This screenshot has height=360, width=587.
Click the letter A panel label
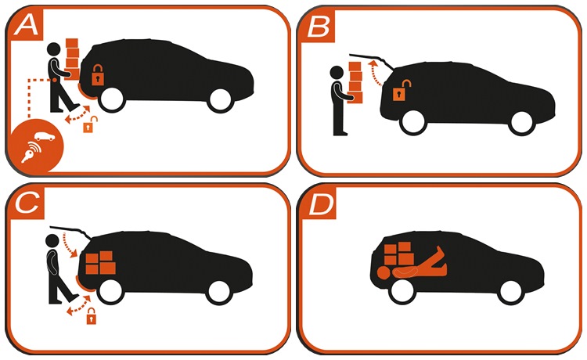[x=26, y=26]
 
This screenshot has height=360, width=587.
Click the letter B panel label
[x=319, y=27]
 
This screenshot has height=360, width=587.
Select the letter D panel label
[x=321, y=205]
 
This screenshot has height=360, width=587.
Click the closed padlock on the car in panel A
[x=98, y=75]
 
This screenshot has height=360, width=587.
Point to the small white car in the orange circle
[x=45, y=137]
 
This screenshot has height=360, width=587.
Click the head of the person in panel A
[x=54, y=49]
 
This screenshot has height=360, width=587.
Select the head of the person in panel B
[x=337, y=73]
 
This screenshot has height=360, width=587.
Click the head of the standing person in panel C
[x=52, y=241]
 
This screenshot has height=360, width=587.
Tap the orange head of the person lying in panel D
[x=383, y=273]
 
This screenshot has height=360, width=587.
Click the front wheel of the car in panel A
[x=220, y=100]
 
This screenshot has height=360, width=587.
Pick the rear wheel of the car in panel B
[x=413, y=123]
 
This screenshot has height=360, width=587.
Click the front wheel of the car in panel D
[x=510, y=292]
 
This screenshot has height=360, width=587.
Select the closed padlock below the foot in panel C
[x=92, y=316]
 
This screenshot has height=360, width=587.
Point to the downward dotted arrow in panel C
[x=70, y=245]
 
